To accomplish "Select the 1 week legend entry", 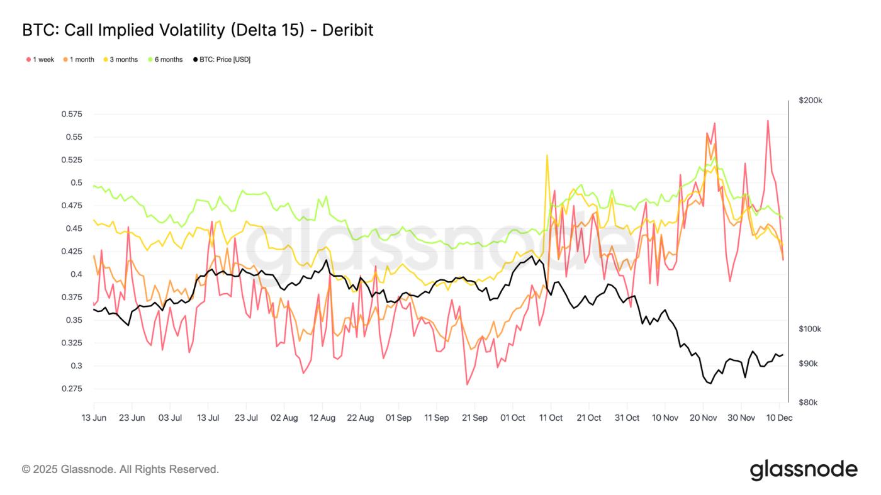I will pos(40,60).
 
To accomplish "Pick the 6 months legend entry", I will pos(165,60).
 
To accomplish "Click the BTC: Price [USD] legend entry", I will pos(222,60).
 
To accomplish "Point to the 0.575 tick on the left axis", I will pos(72,114).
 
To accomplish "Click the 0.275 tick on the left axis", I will pos(72,389).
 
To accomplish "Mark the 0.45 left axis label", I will pos(74,228).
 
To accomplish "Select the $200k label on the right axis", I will pos(810,101).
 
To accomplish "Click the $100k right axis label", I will pos(810,329).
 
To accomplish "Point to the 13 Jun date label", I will pos(94,418).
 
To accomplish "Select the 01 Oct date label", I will pos(512,418).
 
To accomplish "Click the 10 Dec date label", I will pos(779,418).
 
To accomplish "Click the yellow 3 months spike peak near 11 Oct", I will pos(547,155).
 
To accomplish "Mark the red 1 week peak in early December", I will pos(768,121).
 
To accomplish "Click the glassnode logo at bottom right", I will pos(804,470).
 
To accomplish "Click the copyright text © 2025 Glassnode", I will pos(120,469).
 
